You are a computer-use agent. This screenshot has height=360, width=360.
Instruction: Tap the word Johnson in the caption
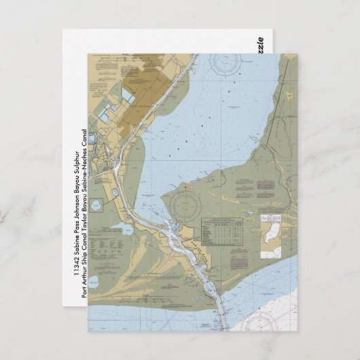click(x=76, y=197)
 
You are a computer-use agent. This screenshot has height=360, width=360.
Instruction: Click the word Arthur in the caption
click(x=84, y=265)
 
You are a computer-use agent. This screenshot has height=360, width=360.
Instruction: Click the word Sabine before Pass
click(x=76, y=244)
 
